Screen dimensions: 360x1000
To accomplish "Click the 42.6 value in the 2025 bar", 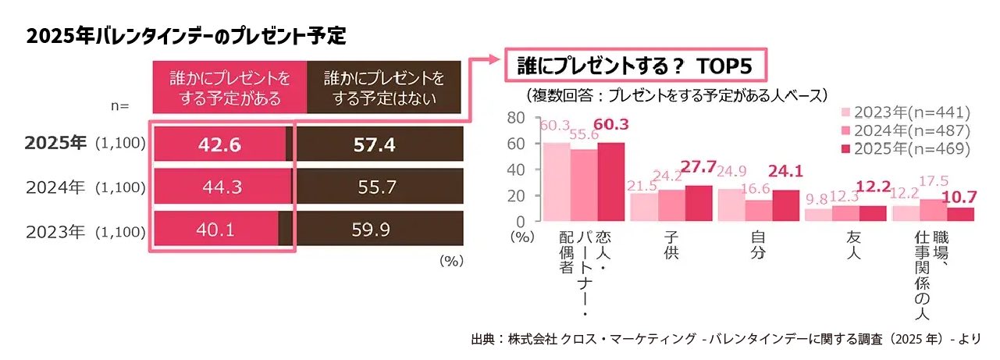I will tap(220, 144).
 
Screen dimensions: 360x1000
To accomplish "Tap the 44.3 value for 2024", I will tap(220, 187).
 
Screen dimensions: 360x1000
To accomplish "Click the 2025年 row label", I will tap(55, 144).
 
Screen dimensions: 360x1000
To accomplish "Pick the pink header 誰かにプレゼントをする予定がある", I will tap(226, 89).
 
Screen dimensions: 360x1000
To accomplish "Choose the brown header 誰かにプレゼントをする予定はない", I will tap(383, 89).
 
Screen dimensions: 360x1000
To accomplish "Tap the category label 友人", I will tap(859, 247).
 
